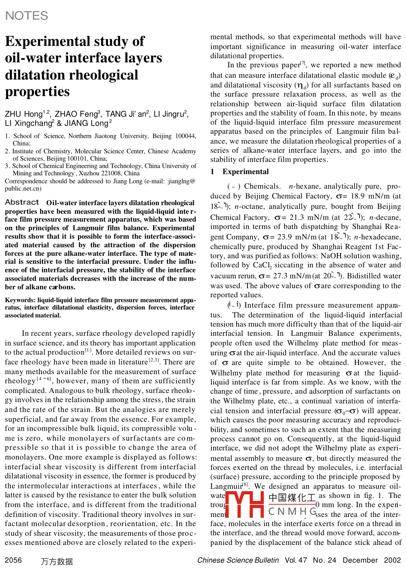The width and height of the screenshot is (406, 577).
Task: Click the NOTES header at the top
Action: [x=26, y=16]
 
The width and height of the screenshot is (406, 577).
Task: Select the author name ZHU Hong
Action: [x=23, y=114]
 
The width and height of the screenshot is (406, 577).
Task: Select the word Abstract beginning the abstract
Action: [x=22, y=202]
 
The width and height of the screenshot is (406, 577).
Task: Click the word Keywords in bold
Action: [x=20, y=300]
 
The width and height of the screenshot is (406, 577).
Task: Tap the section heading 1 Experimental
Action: [x=239, y=172]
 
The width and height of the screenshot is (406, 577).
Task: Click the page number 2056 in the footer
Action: [x=13, y=560]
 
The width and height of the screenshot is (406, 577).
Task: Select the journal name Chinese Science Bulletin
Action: [x=238, y=560]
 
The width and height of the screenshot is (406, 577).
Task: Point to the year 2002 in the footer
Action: [x=392, y=560]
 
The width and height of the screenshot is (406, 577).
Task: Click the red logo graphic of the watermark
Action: [x=244, y=504]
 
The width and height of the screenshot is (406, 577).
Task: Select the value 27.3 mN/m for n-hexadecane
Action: [x=294, y=276]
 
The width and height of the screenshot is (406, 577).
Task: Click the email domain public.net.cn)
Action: [x=23, y=188]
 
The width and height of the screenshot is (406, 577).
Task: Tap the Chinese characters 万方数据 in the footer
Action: [x=56, y=562]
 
